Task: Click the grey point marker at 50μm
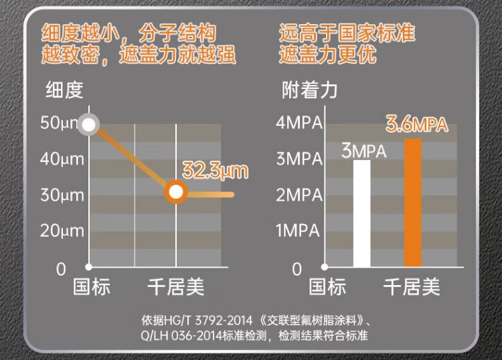tap(88, 124)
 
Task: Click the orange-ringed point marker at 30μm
tap(175, 193)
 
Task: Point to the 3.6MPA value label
tap(416, 125)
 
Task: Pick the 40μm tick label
tap(62, 160)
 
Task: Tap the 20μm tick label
tap(62, 232)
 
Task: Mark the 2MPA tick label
tap(299, 195)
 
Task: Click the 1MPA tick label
tap(299, 232)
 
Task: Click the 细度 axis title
tap(64, 91)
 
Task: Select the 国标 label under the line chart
tap(92, 288)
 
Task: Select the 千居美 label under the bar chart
tap(412, 288)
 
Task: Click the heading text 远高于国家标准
tap(347, 32)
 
